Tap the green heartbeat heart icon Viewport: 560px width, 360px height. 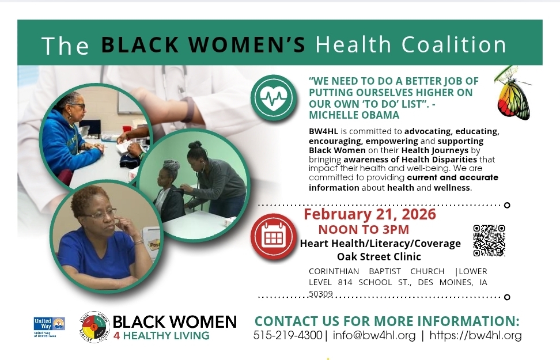point(274,97)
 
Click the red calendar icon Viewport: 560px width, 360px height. point(274,237)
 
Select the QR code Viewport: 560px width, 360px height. point(489,240)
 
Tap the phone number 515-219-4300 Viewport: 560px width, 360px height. point(288,335)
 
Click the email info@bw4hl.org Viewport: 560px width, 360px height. point(374,335)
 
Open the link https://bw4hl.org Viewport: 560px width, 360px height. point(476,335)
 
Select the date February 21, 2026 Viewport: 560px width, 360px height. point(370,214)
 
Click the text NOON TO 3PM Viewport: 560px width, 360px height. point(364,230)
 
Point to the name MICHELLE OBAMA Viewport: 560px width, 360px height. point(354,115)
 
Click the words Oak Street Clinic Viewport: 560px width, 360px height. point(379,256)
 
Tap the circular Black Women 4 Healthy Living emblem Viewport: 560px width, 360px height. point(94,327)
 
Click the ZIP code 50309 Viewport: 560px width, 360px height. point(321,294)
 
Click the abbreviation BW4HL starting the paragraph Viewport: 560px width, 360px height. point(323,131)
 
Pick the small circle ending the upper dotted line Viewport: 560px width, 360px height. point(507,205)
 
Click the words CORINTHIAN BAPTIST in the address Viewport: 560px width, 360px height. point(376,271)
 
